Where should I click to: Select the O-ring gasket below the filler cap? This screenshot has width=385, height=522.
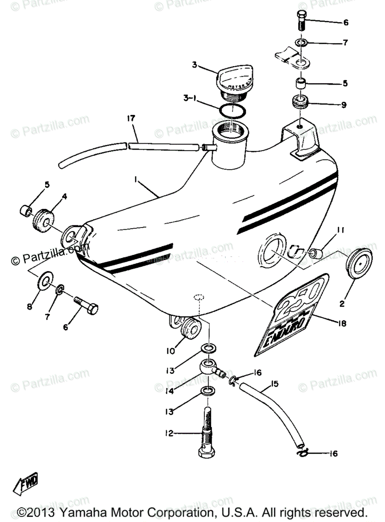[231, 111]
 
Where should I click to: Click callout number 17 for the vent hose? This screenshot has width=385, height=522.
[131, 118]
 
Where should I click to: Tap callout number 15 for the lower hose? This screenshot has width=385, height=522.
[274, 384]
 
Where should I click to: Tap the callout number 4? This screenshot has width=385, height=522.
[64, 196]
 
